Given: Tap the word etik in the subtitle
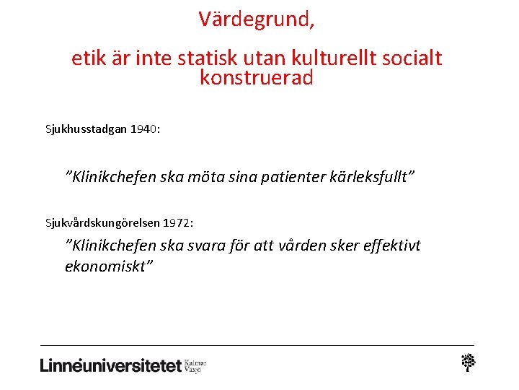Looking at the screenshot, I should (88, 58).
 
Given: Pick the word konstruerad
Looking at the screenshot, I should (257, 78).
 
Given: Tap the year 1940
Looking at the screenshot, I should (144, 129).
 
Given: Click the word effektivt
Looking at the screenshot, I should (394, 246).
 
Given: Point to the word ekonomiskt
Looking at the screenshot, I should (108, 266).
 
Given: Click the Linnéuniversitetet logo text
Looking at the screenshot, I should (110, 365).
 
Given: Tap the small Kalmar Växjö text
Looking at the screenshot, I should (195, 365).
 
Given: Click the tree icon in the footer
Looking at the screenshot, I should (469, 363).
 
